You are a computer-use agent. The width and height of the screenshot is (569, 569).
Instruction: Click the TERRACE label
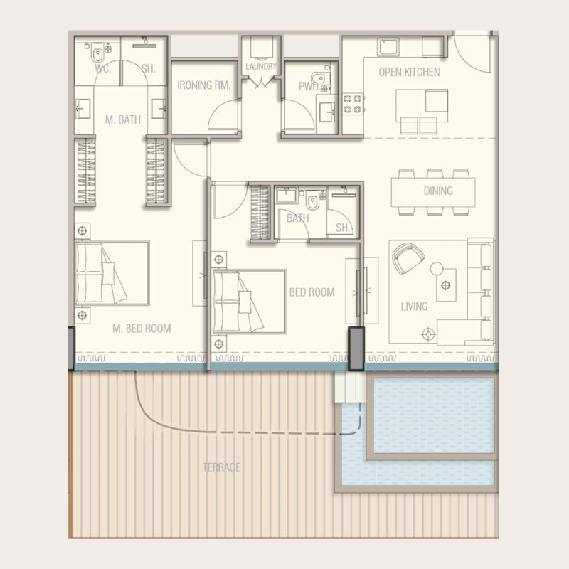pyautogui.click(x=221, y=467)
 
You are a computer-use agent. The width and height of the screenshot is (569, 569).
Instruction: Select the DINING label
pyautogui.click(x=438, y=191)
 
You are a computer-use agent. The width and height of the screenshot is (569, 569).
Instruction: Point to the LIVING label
pyautogui.click(x=414, y=307)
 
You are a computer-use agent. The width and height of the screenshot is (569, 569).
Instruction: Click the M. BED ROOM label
pyautogui.click(x=142, y=329)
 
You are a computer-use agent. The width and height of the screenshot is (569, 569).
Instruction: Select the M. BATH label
pyautogui.click(x=123, y=119)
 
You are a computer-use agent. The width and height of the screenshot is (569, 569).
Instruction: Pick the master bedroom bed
pyautogui.click(x=112, y=273)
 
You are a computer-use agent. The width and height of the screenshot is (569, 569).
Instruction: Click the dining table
pyautogui.click(x=432, y=191)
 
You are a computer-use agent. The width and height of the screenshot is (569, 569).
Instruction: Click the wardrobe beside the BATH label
pyautogui.click(x=260, y=213)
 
